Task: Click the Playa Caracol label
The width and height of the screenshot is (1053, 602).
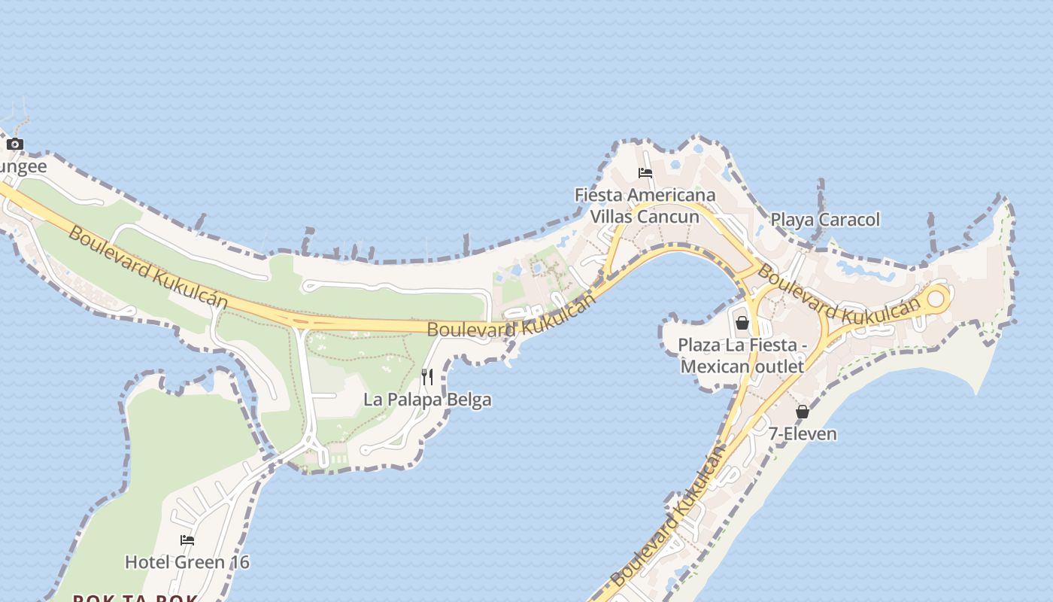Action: click(825, 220)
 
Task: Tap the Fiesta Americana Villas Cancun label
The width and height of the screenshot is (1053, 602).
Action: click(645, 205)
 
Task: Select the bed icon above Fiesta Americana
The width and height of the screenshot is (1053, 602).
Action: click(645, 172)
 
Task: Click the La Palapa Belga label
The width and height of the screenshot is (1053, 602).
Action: click(427, 400)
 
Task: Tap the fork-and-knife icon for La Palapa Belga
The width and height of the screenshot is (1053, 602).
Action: click(426, 376)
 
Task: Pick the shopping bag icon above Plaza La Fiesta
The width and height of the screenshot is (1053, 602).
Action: click(742, 323)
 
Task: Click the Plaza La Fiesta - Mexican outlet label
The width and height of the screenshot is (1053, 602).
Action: click(742, 355)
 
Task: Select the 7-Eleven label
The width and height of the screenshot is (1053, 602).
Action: click(802, 434)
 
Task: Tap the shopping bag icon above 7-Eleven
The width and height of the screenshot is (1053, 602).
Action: click(803, 412)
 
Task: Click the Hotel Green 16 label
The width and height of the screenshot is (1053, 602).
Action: click(187, 562)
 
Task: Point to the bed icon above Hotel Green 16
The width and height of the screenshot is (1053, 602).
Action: click(187, 540)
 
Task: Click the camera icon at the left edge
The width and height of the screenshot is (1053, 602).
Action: click(15, 144)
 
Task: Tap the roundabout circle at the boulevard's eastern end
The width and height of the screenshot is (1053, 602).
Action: click(935, 299)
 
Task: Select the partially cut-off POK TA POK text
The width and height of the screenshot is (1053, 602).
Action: click(135, 599)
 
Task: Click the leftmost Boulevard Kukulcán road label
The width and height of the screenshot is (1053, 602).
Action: click(147, 266)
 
